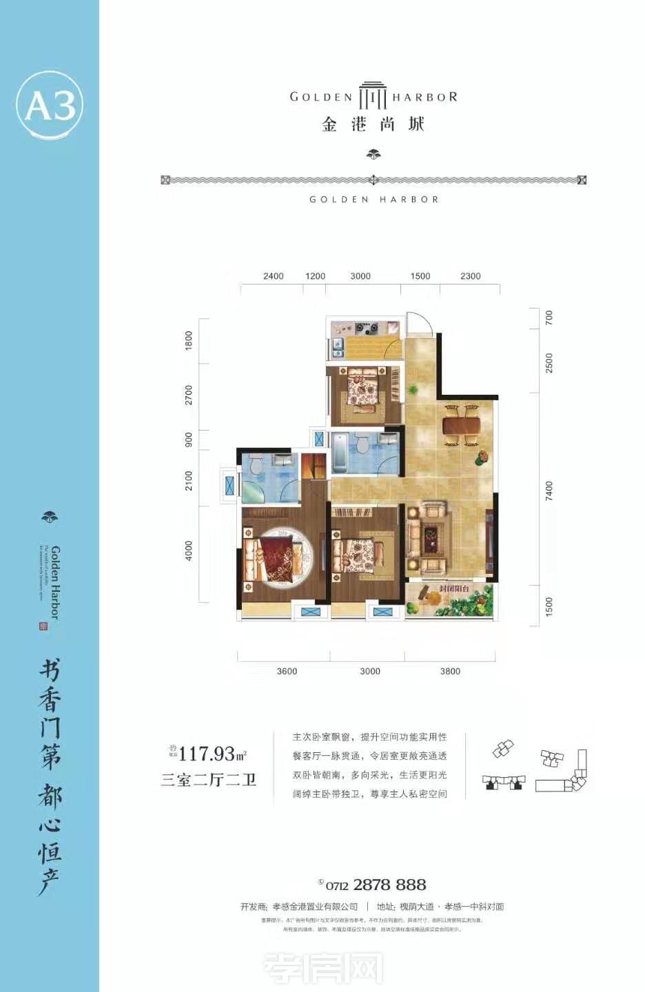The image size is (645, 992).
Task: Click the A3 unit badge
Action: pyautogui.click(x=50, y=105)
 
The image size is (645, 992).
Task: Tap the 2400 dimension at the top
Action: pyautogui.click(x=273, y=276)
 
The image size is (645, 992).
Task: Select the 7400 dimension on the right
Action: pyautogui.click(x=549, y=491)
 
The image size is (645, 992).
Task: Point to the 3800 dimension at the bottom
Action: pyautogui.click(x=450, y=671)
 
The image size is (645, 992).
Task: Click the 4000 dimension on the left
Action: pyautogui.click(x=189, y=551)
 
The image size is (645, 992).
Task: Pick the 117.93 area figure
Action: pyautogui.click(x=207, y=754)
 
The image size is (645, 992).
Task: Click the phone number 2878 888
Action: pyautogui.click(x=389, y=885)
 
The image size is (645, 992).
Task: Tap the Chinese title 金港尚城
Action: pyautogui.click(x=373, y=125)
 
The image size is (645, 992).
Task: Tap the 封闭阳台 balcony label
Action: pyautogui.click(x=454, y=589)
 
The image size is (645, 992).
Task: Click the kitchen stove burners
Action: pyautogui.click(x=369, y=328)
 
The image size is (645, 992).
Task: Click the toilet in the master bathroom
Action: pyautogui.click(x=256, y=466)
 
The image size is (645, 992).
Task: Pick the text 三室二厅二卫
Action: pyautogui.click(x=208, y=780)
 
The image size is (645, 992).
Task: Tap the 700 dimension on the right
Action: pyautogui.click(x=549, y=318)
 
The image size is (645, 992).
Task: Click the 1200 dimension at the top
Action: pyautogui.click(x=315, y=276)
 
